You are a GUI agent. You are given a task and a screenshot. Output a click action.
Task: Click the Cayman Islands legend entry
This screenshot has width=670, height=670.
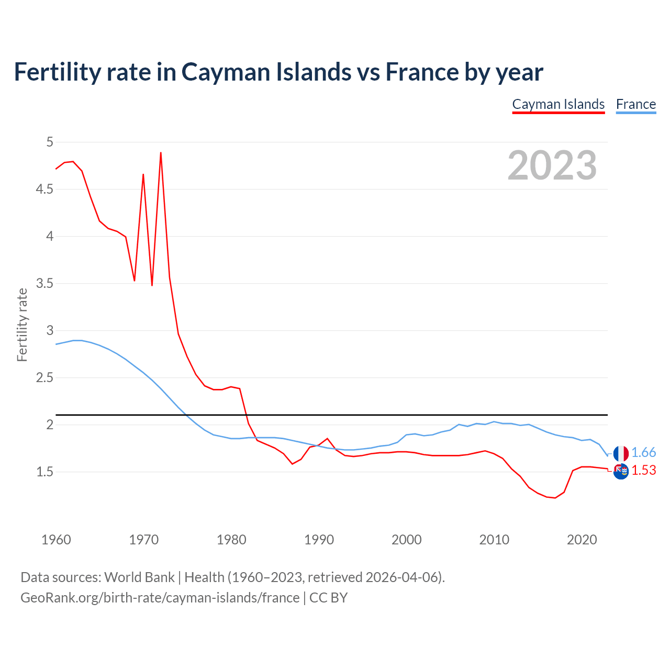tap(558, 104)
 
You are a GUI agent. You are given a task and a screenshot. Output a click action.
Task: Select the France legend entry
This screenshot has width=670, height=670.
tap(635, 104)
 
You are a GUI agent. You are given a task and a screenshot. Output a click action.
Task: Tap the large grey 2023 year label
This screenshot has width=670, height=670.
tap(552, 165)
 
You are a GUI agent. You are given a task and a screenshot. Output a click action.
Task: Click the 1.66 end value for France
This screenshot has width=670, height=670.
tap(643, 453)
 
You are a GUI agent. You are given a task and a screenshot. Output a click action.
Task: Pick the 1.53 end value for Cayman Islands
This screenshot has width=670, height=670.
tap(643, 471)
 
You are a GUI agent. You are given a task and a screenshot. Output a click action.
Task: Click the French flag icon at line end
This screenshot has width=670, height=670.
tap(621, 453)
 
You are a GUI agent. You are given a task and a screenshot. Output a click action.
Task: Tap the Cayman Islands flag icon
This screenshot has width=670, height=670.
tap(621, 472)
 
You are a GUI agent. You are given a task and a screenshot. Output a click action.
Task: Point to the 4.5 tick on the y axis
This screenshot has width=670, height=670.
tap(44, 189)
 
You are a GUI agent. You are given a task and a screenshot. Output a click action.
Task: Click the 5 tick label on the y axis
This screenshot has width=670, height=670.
tap(50, 142)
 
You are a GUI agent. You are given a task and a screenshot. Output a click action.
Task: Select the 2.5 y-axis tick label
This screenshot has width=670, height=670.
tap(44, 377)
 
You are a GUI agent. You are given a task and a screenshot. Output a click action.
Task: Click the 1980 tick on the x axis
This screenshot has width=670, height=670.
tap(231, 540)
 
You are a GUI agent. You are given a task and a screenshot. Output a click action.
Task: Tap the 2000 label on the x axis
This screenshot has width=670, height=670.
tap(406, 540)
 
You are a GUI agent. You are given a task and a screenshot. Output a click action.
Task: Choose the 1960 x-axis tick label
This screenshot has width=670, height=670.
tap(56, 540)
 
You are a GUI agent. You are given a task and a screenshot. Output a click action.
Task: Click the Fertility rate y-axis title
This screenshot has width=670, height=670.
tap(22, 325)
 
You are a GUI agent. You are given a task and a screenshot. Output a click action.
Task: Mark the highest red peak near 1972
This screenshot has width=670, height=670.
tap(161, 153)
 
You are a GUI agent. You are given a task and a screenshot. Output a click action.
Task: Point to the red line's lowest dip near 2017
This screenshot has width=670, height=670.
tap(555, 498)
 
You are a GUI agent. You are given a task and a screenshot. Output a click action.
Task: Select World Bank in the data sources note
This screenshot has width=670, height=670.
tap(139, 577)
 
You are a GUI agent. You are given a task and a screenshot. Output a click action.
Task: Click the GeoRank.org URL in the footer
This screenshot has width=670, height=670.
tap(160, 598)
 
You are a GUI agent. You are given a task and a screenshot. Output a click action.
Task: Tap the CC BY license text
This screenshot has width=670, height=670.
tap(328, 598)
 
